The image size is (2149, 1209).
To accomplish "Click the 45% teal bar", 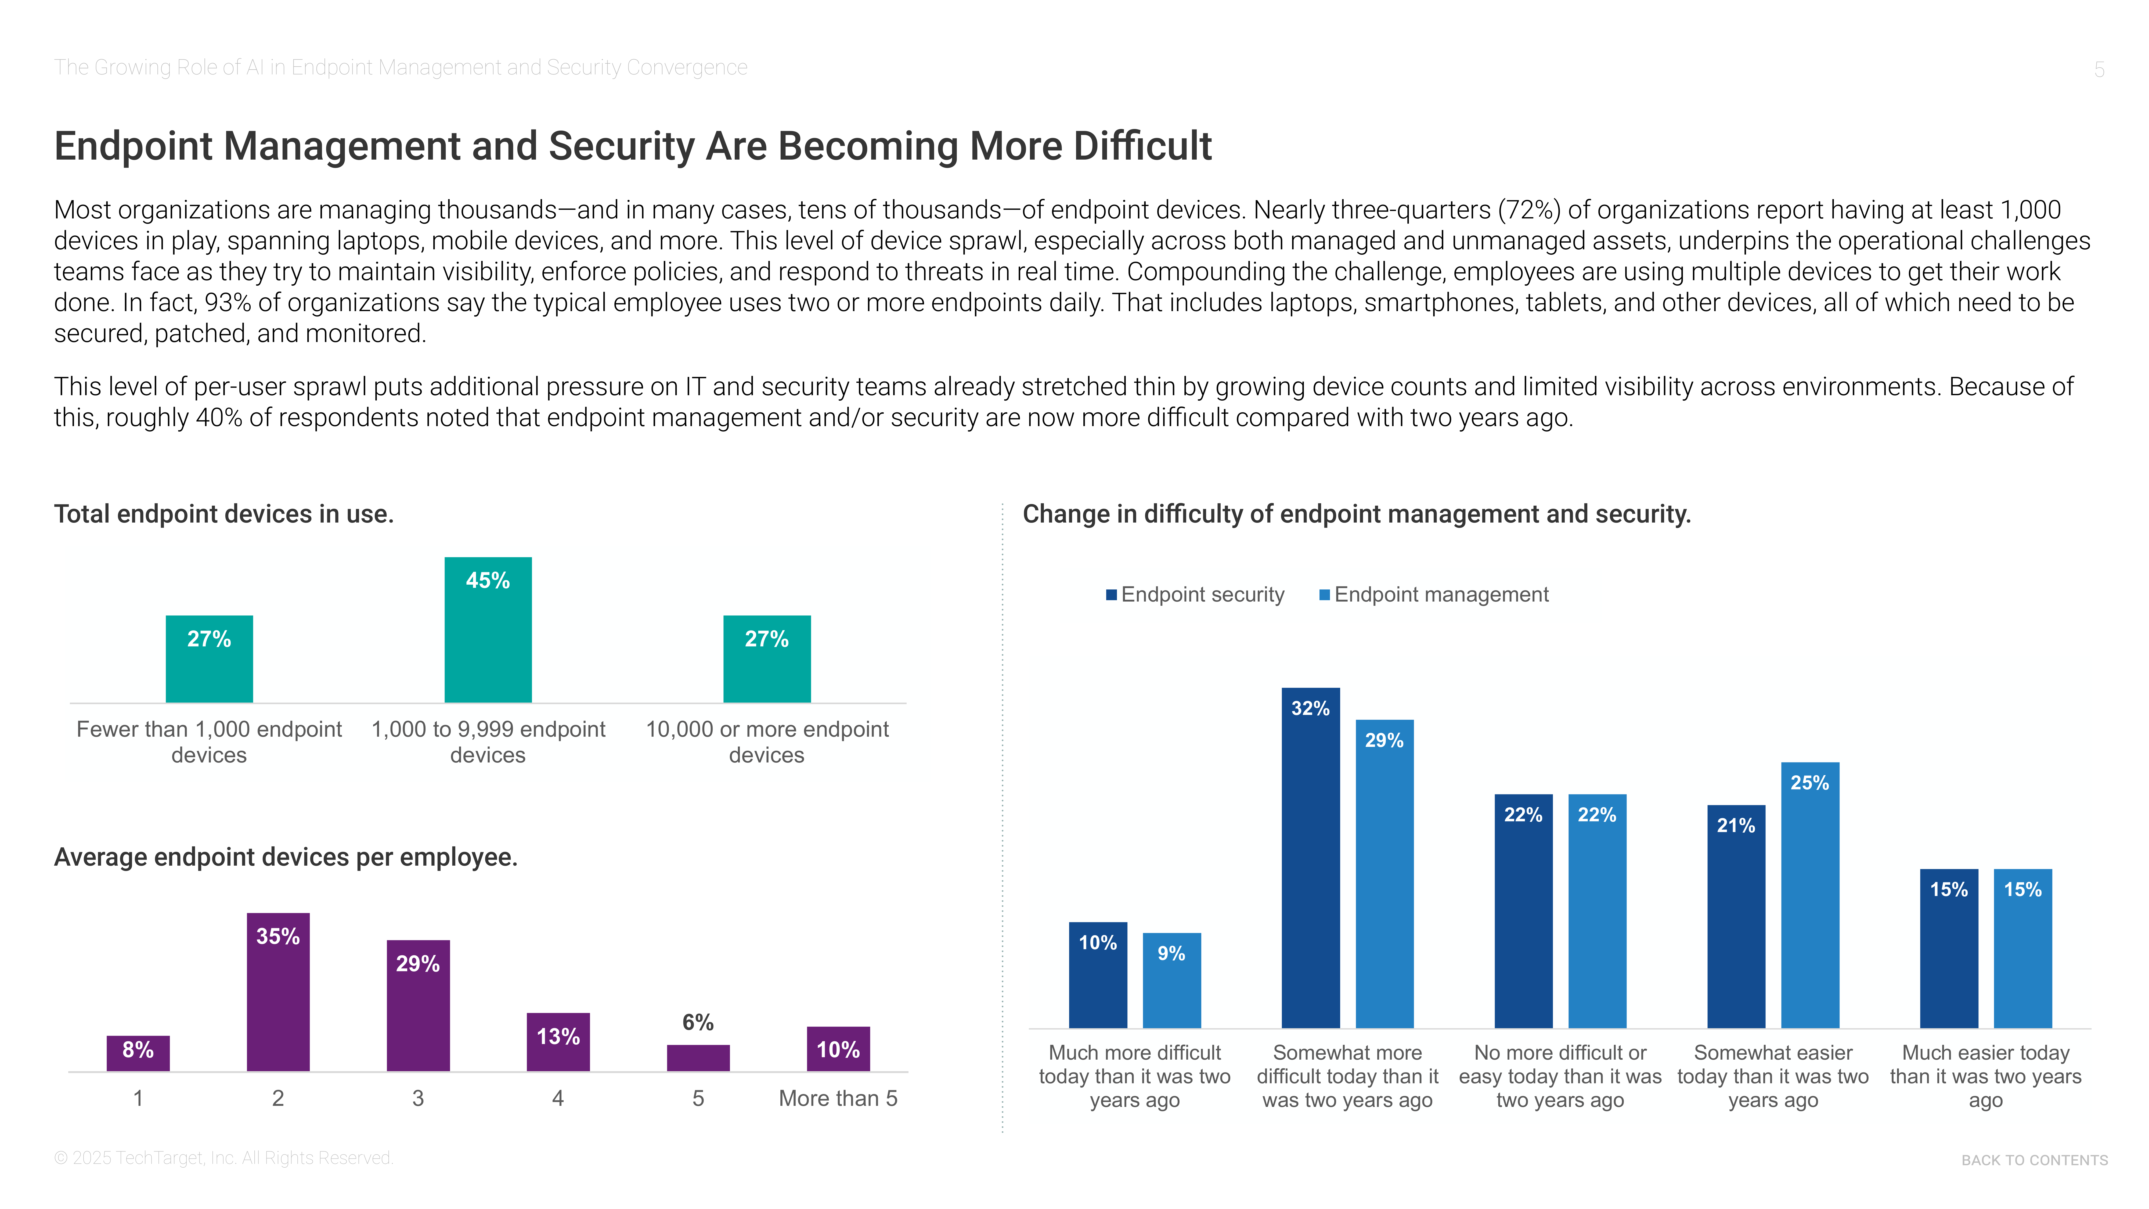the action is pos(488,630).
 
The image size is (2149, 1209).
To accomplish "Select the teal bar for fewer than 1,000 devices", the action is pos(210,659).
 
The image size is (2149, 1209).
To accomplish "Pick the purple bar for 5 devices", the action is pos(698,1058).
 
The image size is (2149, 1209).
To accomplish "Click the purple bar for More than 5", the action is pos(838,1049).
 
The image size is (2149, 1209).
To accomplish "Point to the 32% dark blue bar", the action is pos(1311,858).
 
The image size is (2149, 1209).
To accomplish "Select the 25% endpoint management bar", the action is pos(1810,895).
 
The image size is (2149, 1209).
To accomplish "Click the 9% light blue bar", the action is pos(1172,980).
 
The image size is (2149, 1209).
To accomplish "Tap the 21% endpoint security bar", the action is pos(1737,916).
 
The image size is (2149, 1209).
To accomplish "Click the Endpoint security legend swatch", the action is pos(1111,595).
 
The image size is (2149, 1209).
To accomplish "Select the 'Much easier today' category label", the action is pos(1985,1076).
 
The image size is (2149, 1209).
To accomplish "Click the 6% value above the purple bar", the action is pos(698,1022).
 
